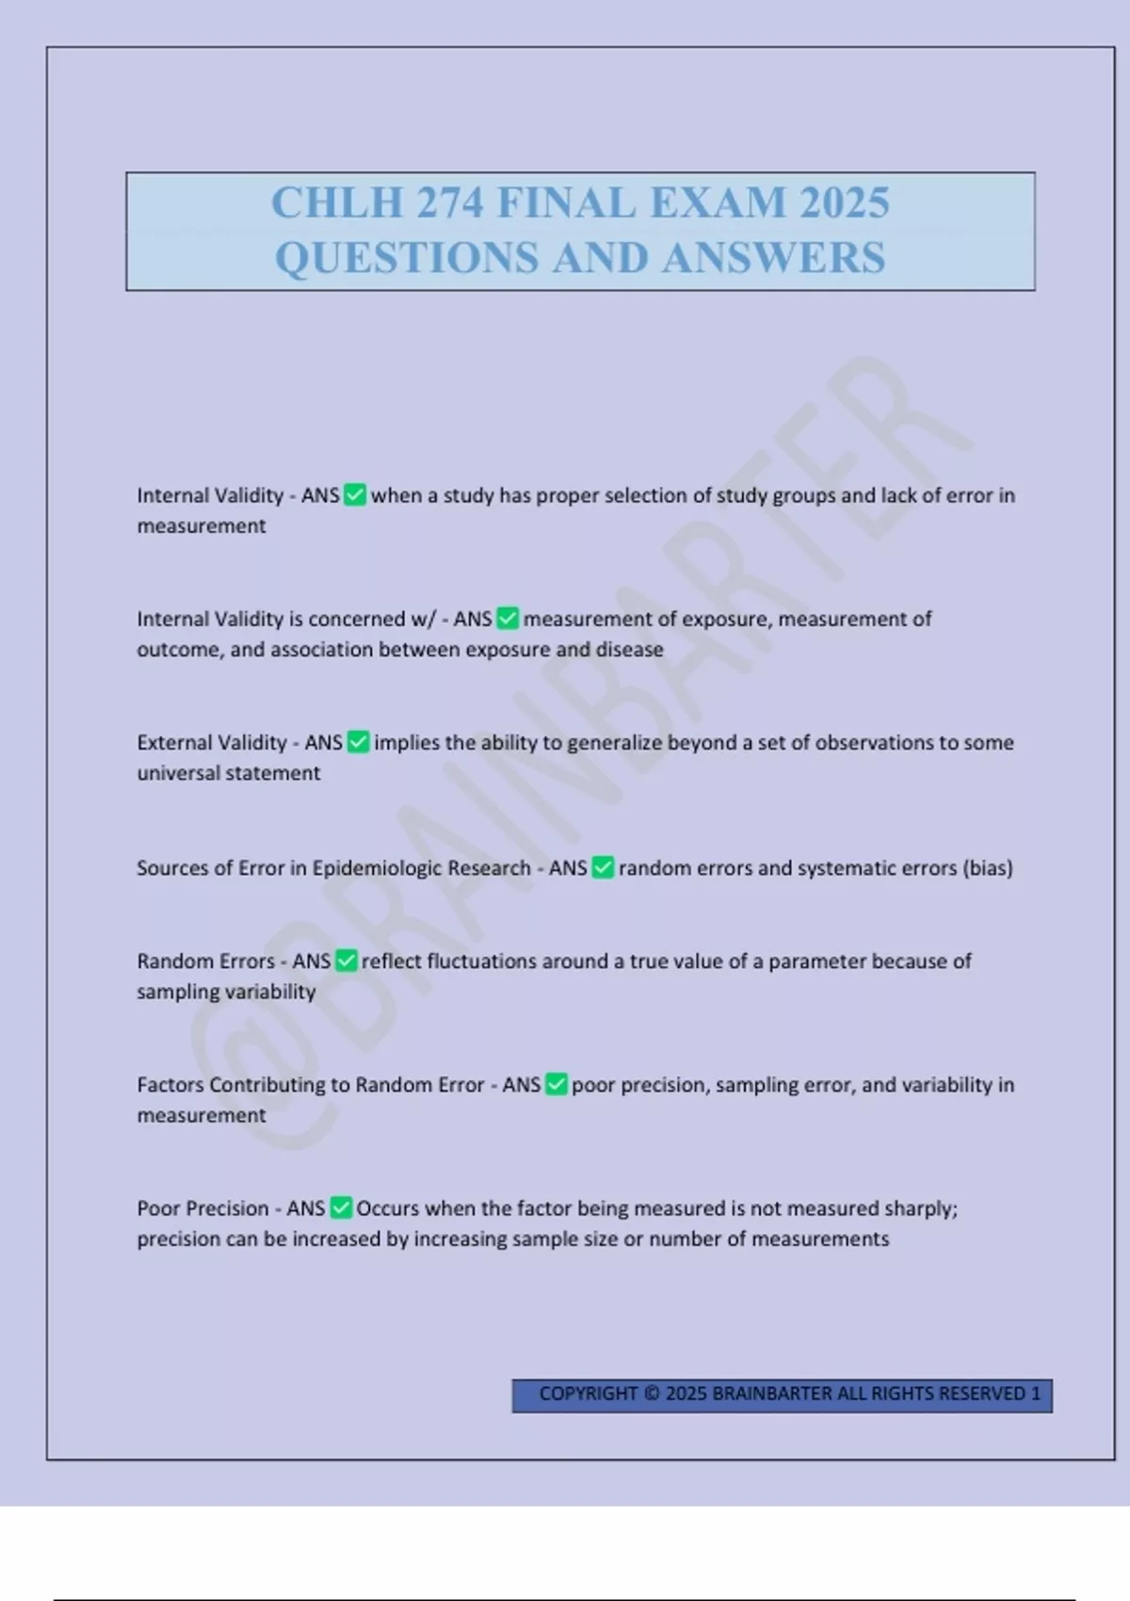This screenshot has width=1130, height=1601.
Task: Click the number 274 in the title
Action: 450,203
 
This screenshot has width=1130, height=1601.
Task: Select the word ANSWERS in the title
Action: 773,258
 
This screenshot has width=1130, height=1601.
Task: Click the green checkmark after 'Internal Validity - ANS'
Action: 355,495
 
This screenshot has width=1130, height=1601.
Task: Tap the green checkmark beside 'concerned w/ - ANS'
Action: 508,619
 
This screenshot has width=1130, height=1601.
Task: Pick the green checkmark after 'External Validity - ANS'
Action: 358,742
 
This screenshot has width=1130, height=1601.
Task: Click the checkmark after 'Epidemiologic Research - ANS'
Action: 603,867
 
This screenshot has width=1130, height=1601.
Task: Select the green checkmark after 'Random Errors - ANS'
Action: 347,961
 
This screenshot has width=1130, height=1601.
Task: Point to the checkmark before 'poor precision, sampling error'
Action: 557,1085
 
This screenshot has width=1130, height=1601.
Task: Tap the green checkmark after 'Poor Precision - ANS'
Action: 341,1208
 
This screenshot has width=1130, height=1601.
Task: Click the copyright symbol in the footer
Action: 652,1394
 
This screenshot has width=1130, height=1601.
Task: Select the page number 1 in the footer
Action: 1036,1394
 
